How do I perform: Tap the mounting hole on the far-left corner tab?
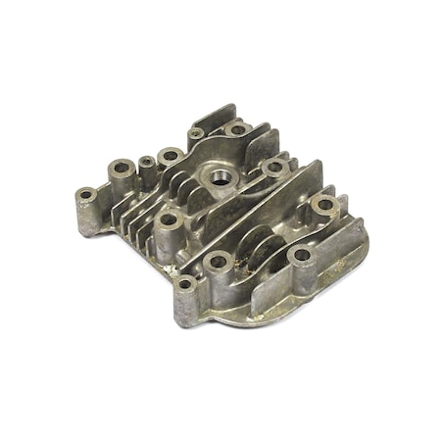point(86,194)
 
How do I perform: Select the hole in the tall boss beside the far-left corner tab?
point(122,169)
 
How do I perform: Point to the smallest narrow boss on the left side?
point(148,162)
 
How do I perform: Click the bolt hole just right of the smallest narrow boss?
point(171,155)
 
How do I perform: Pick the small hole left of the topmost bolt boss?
point(197,133)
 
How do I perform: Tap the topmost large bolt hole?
point(237,128)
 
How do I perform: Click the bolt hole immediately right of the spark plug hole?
point(274,168)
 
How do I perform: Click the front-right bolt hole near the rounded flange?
point(302,255)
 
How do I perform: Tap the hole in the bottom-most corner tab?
point(185,284)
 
